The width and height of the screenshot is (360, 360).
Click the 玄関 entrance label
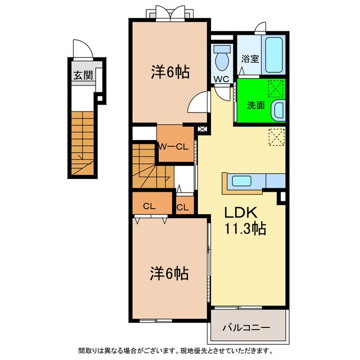point(82,75)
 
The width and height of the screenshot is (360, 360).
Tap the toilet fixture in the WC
point(221,56)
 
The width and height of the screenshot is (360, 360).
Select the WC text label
point(220,79)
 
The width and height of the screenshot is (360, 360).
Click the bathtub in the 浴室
point(274,53)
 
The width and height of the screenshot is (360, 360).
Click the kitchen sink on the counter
point(242,181)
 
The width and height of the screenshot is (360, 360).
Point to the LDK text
point(241,213)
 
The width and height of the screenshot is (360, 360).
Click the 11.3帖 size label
point(246,229)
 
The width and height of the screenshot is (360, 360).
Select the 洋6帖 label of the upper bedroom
point(169,71)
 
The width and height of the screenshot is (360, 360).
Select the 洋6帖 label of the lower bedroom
point(169,274)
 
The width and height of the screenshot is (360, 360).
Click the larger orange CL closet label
point(149,206)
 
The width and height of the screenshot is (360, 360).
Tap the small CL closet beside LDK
point(183,207)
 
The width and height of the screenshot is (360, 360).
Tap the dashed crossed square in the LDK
point(277,136)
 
